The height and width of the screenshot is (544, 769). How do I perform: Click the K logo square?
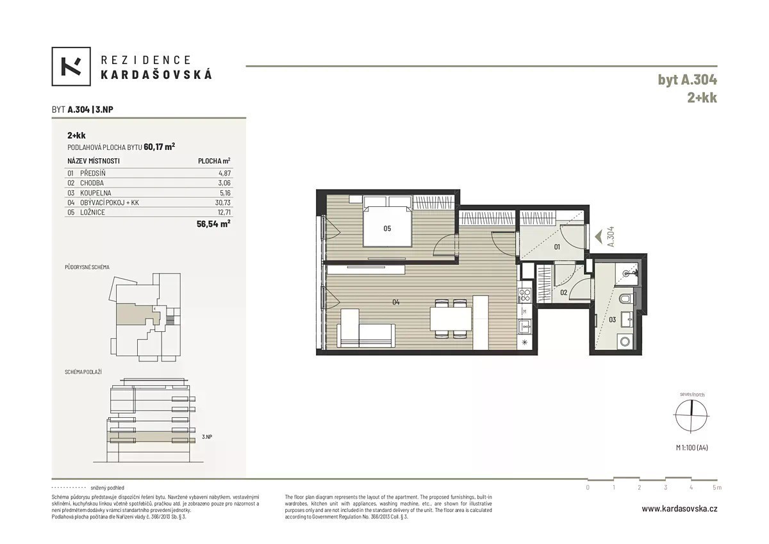[71, 66]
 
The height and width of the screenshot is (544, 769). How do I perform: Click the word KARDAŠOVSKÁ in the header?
[156, 75]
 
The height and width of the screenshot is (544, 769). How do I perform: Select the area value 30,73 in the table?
[223, 202]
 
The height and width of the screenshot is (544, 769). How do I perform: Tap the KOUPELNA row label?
[95, 193]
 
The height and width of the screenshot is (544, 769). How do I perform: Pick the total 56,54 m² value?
[213, 224]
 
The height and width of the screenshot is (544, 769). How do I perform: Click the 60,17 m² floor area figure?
[160, 147]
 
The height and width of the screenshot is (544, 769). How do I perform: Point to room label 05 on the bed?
[387, 229]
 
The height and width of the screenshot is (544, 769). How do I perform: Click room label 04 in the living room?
[396, 302]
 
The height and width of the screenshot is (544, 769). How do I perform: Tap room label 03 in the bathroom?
[613, 320]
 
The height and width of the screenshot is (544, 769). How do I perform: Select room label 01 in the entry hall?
[557, 247]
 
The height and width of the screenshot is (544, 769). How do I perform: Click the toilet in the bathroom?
[627, 299]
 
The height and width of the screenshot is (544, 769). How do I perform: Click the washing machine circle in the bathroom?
[625, 342]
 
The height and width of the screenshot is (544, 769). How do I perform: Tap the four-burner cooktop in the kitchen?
[525, 295]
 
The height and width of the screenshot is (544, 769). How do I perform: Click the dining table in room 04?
[451, 318]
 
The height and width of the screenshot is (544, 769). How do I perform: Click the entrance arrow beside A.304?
[599, 237]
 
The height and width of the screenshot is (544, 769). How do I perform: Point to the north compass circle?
[691, 415]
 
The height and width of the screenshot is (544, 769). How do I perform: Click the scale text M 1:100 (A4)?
[691, 447]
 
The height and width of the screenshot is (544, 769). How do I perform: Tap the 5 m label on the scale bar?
[717, 488]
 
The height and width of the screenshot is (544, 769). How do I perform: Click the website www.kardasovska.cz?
[679, 509]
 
